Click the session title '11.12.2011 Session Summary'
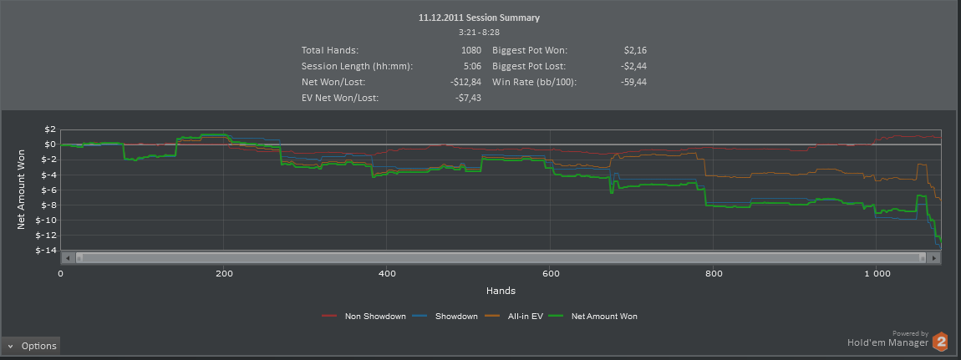[x=480, y=17]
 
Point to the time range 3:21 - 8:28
[x=480, y=33]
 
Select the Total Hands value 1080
[x=471, y=50]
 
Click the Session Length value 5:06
[x=471, y=66]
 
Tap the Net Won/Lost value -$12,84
[x=465, y=82]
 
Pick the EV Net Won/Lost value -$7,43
[x=468, y=98]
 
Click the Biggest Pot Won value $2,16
[x=635, y=50]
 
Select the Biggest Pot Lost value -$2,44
[x=633, y=66]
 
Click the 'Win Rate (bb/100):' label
[x=534, y=82]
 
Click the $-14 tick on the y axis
[x=45, y=251]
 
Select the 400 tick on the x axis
[x=387, y=273]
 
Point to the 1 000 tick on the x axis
[x=877, y=273]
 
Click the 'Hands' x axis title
[x=501, y=291]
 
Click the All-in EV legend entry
[x=523, y=317]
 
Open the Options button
[x=31, y=346]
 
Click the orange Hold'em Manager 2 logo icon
[x=941, y=341]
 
